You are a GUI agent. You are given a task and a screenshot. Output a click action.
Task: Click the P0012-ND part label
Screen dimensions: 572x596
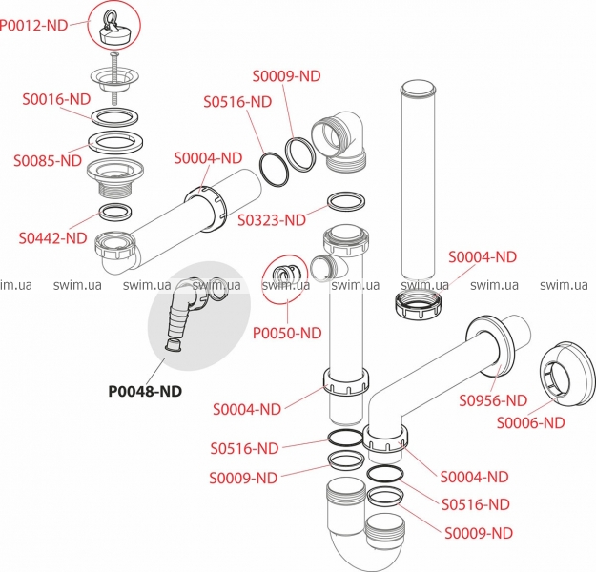tap(35, 26)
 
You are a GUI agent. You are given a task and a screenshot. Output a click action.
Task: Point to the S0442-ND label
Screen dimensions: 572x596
tap(51, 237)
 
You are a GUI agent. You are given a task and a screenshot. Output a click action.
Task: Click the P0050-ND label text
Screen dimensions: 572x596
tap(287, 333)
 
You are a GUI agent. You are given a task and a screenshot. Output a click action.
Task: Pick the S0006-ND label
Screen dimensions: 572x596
tap(530, 422)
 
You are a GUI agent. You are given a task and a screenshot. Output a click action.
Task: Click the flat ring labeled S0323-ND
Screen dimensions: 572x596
tap(345, 202)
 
